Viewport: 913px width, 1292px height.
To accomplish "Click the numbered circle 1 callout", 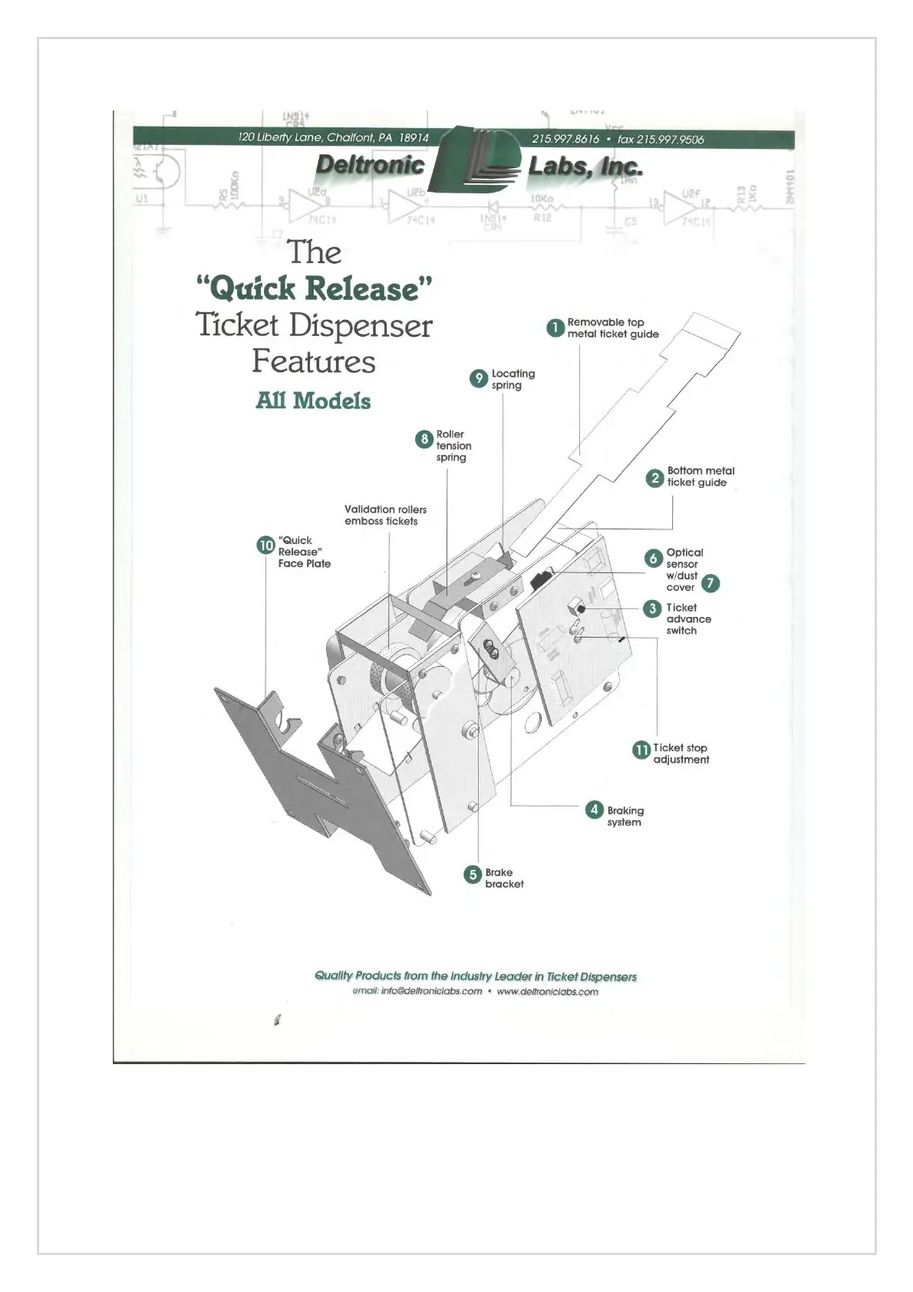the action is [555, 328].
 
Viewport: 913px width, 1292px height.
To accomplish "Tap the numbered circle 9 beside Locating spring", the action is [479, 378].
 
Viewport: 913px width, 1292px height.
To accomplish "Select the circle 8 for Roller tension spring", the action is [424, 439].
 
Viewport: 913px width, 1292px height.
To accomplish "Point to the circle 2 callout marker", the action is [654, 477].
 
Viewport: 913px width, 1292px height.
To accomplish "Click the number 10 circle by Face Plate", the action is [265, 545].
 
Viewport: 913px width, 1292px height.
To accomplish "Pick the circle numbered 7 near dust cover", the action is [710, 583].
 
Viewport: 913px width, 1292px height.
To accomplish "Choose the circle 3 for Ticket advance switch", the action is [652, 608].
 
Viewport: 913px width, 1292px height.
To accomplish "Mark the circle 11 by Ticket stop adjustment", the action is [641, 750].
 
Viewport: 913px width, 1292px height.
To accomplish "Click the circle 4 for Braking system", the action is [594, 809].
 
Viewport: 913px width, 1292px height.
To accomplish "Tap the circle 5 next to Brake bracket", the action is [473, 874].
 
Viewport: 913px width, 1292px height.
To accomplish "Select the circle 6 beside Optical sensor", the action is [653, 558].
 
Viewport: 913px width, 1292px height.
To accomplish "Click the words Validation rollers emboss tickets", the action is [385, 515].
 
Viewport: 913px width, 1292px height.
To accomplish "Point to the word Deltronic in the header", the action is [370, 164].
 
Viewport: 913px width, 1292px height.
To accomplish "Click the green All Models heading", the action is [313, 400].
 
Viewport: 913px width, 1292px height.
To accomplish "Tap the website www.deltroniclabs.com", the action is [547, 991].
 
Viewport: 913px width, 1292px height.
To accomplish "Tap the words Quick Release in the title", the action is [315, 288].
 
